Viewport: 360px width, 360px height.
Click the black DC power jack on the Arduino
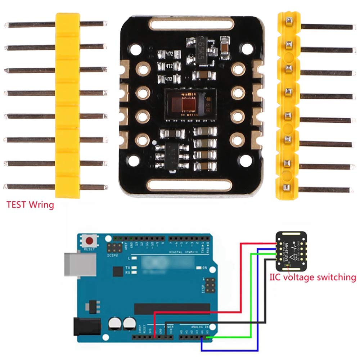[87, 327]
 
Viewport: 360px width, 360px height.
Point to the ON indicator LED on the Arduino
[199, 268]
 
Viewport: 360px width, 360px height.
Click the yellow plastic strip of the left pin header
[67, 104]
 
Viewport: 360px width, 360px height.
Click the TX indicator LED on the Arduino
[134, 268]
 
